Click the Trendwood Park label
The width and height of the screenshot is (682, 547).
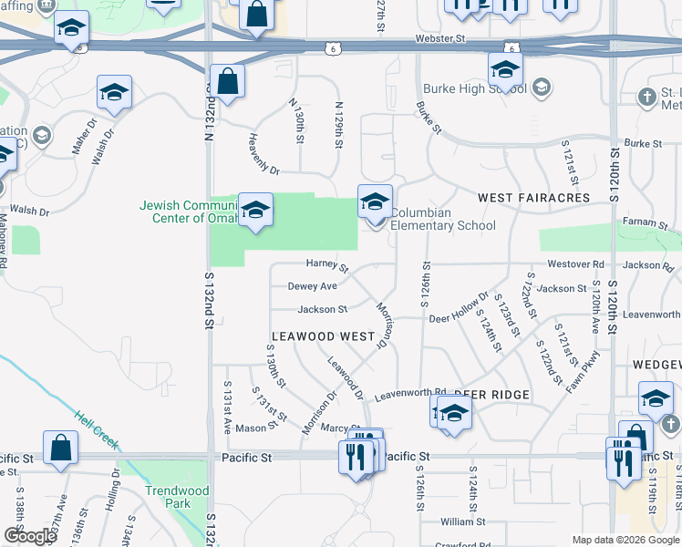[177, 497]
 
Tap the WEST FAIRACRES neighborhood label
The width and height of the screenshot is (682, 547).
[534, 197]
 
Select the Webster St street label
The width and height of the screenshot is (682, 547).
[440, 39]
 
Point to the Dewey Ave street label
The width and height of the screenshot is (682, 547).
[313, 286]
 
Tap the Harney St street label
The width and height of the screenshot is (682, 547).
[327, 265]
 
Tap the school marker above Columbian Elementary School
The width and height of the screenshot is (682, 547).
[375, 202]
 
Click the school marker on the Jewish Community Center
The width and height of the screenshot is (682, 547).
[256, 211]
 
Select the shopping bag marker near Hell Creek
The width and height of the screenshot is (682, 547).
[60, 449]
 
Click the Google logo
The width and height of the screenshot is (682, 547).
[30, 536]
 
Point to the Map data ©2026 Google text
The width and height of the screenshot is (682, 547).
[625, 540]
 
